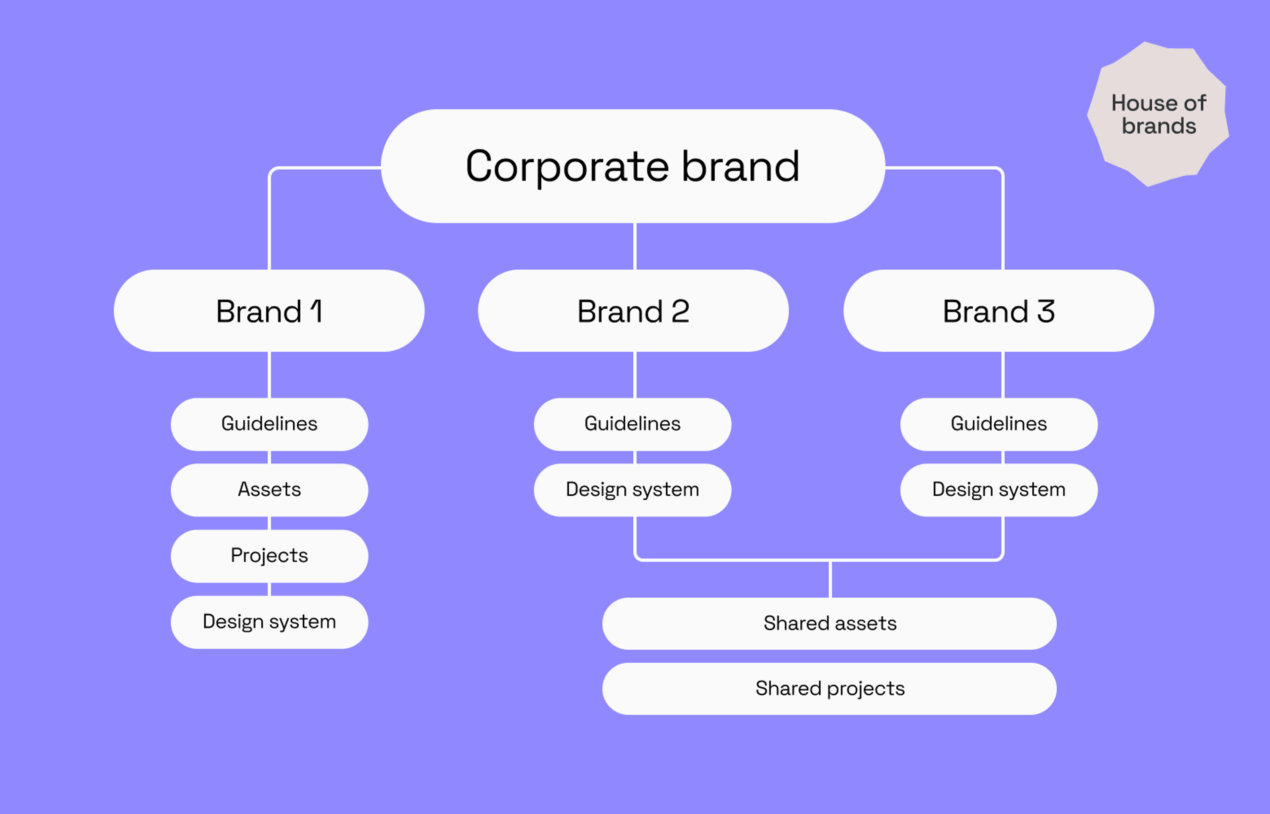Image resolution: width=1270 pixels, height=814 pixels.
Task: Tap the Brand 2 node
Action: [633, 311]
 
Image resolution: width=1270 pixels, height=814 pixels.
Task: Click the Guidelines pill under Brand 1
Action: [269, 424]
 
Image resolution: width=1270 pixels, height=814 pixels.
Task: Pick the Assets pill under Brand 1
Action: [269, 489]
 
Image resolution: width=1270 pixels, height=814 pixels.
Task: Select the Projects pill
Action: [269, 555]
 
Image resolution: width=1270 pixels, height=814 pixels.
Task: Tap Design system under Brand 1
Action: [269, 622]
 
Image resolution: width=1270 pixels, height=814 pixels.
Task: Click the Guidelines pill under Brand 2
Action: [632, 424]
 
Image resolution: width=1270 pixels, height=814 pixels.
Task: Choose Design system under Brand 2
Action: [632, 489]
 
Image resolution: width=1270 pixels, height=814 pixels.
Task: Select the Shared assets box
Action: [829, 623]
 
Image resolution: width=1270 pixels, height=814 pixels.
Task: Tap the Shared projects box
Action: [829, 688]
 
